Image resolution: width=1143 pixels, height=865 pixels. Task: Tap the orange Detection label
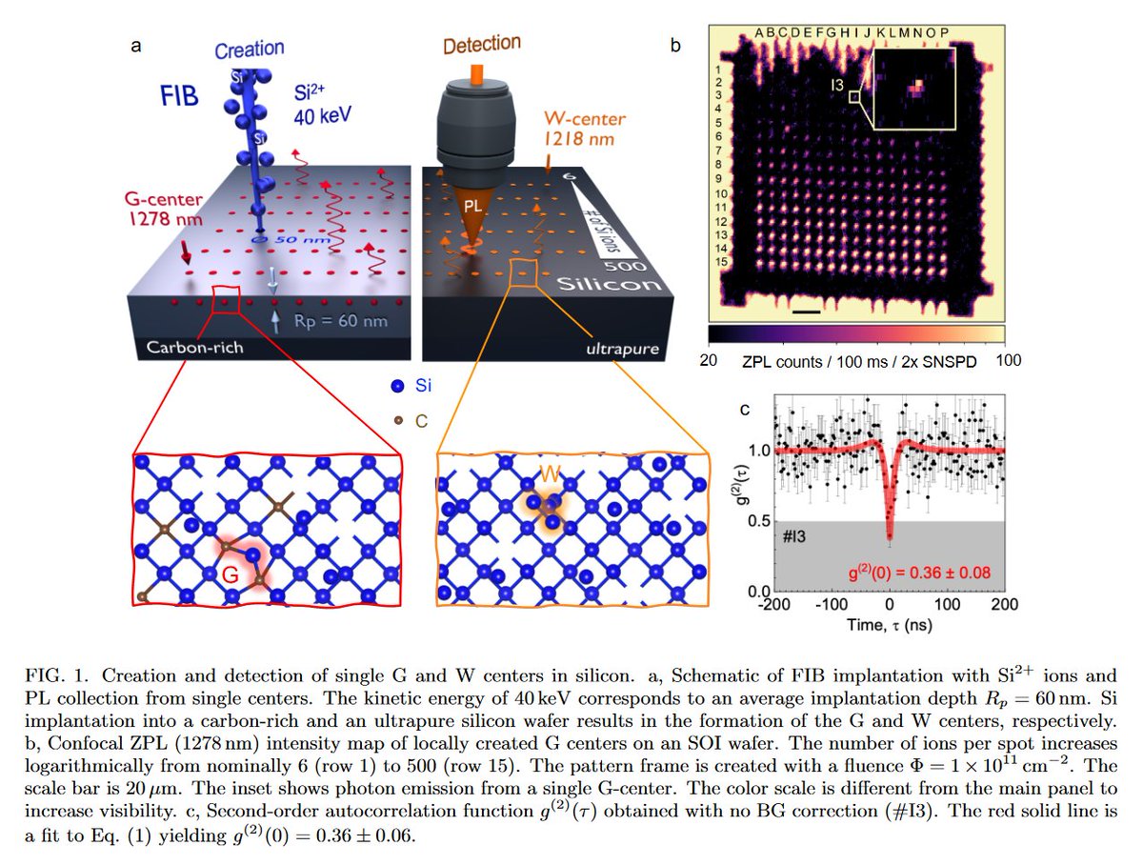coord(481,45)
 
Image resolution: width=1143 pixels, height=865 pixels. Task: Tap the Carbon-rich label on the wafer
coord(194,348)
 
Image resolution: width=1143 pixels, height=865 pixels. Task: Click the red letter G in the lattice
coord(231,575)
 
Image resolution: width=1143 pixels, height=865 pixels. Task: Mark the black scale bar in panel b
coord(804,311)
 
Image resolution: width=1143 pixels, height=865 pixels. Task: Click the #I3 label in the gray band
coord(796,537)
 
